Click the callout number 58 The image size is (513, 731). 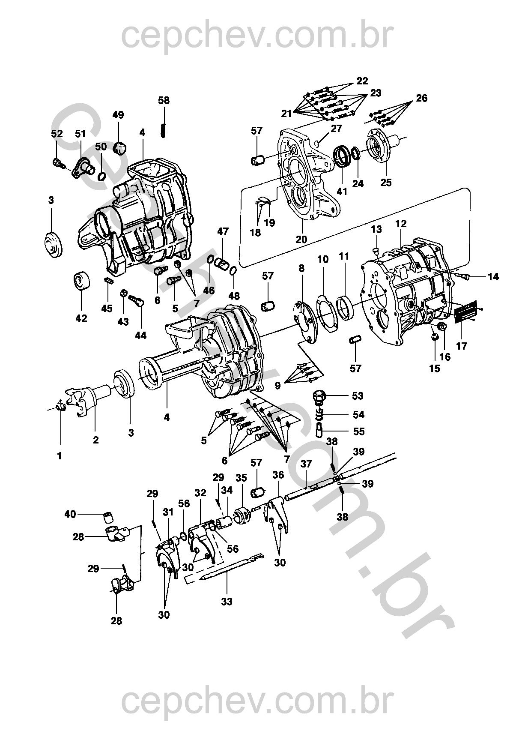click(x=164, y=100)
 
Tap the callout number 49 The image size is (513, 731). click(x=118, y=115)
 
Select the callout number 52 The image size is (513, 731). click(x=57, y=133)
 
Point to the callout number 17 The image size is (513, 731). click(x=462, y=345)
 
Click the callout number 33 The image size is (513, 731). click(x=227, y=601)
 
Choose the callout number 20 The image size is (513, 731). click(x=301, y=239)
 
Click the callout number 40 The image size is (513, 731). click(x=71, y=513)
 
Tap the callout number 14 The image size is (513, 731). click(x=493, y=277)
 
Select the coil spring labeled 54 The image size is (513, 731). click(x=319, y=415)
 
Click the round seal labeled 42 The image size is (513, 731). click(x=81, y=281)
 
